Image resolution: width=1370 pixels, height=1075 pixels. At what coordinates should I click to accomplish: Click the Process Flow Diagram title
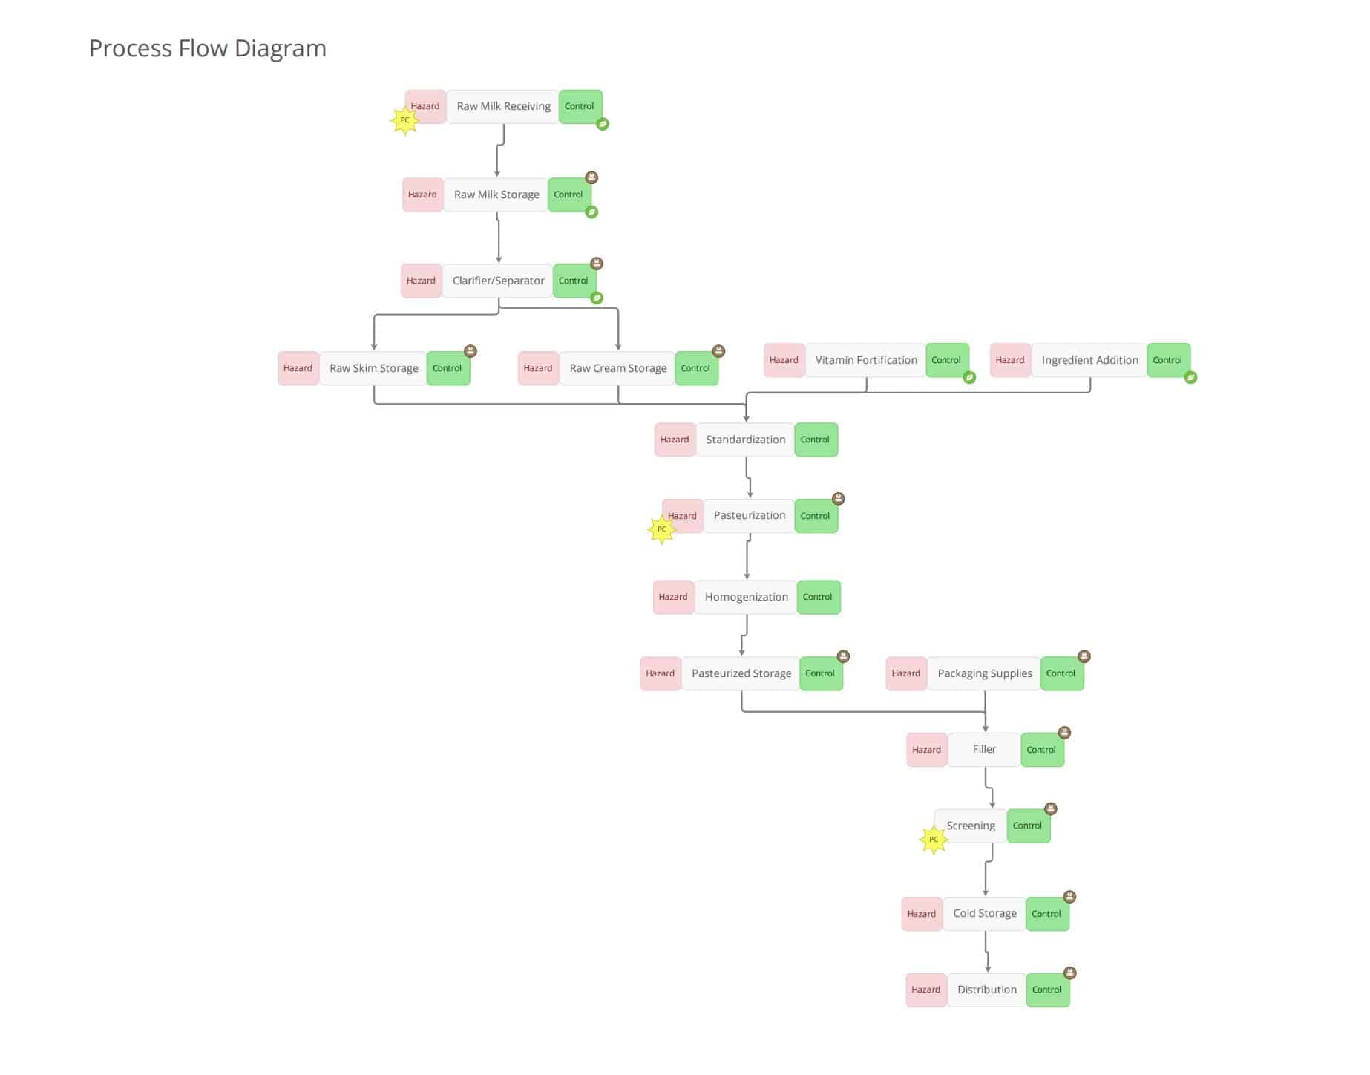pos(207,48)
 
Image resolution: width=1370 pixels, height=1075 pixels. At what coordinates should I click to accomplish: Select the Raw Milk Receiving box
pos(503,106)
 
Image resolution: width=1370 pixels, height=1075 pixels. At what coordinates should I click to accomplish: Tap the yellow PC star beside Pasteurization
pos(661,529)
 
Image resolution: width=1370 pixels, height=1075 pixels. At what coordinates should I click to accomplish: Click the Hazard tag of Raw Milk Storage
pos(422,195)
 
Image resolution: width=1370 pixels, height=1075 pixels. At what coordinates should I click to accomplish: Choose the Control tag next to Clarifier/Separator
pos(573,281)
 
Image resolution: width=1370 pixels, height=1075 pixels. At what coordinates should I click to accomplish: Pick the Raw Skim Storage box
pos(373,368)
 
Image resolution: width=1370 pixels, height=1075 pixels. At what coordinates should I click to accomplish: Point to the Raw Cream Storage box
pos(617,368)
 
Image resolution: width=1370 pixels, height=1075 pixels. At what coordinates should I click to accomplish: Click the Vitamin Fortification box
pos(865,360)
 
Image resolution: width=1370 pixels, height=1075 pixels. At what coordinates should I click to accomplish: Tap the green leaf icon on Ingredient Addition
pos(1190,377)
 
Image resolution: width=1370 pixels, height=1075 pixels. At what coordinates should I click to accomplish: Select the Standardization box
pos(745,440)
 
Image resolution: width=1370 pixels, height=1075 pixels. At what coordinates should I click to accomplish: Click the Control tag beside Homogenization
pos(818,597)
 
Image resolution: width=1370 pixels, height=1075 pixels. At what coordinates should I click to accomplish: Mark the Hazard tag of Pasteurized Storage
pos(660,673)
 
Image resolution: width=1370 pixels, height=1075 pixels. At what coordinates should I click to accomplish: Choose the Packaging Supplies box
pos(984,673)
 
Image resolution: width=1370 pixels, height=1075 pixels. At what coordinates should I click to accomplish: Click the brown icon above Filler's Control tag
pos(1064,733)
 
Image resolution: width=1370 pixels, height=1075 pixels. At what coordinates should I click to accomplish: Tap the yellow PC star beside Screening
pos(934,840)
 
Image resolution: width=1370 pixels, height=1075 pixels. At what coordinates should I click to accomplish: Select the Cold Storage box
pos(984,913)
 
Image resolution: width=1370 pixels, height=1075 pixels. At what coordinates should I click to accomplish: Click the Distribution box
pos(986,990)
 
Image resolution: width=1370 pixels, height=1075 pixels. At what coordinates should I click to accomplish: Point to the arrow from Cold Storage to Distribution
pos(987,952)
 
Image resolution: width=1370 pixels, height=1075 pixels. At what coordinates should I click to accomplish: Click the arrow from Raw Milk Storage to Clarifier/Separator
pos(498,238)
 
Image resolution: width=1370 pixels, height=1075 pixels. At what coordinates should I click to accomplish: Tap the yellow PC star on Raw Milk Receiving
pos(404,120)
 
